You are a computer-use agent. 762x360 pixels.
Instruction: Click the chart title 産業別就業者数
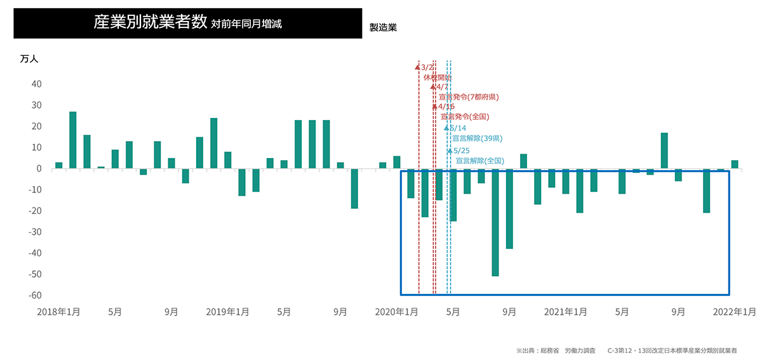point(150,23)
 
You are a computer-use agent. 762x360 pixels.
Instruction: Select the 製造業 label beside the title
point(383,28)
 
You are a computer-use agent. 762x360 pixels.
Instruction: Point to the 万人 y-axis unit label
point(29,59)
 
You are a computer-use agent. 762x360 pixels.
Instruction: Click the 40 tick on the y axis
point(36,84)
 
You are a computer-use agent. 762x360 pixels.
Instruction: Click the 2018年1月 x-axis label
point(58,312)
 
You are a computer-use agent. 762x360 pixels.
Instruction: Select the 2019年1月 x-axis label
point(227,312)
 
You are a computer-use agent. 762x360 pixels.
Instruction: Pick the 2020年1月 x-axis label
point(396,312)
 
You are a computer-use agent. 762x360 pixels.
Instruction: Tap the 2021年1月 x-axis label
point(565,312)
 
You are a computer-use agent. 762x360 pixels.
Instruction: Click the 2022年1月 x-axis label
point(734,312)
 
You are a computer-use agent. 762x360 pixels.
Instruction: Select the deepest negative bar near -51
point(495,222)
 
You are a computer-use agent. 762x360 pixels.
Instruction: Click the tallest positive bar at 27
point(73,140)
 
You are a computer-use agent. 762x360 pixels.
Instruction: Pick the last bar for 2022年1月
point(735,164)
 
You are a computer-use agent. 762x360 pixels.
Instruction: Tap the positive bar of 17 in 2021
point(664,150)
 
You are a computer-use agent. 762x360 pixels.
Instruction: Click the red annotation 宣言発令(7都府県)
point(469,97)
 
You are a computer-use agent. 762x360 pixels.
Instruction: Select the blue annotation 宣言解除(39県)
point(478,138)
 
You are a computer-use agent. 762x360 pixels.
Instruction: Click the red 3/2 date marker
point(427,67)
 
